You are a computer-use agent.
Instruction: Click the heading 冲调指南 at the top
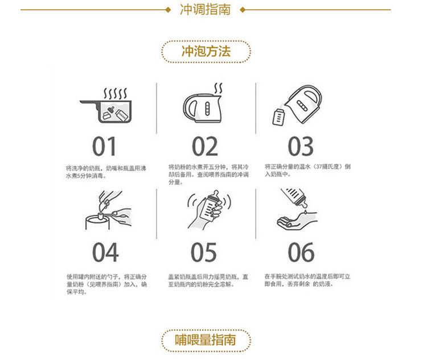pyautogui.click(x=205, y=10)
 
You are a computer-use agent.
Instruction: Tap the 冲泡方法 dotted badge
pyautogui.click(x=206, y=51)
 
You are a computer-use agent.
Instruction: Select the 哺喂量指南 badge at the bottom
pyautogui.click(x=205, y=340)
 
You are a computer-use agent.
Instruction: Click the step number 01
pyautogui.click(x=104, y=146)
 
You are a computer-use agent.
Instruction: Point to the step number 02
pyautogui.click(x=205, y=146)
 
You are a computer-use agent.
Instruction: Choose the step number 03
pyautogui.click(x=301, y=146)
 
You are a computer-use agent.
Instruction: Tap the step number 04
pyautogui.click(x=105, y=253)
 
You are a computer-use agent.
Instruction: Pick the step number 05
pyautogui.click(x=204, y=253)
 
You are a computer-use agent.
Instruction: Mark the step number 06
pyautogui.click(x=301, y=253)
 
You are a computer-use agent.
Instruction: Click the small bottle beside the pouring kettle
pyautogui.click(x=278, y=116)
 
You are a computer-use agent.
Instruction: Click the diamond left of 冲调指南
pyautogui.click(x=167, y=10)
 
